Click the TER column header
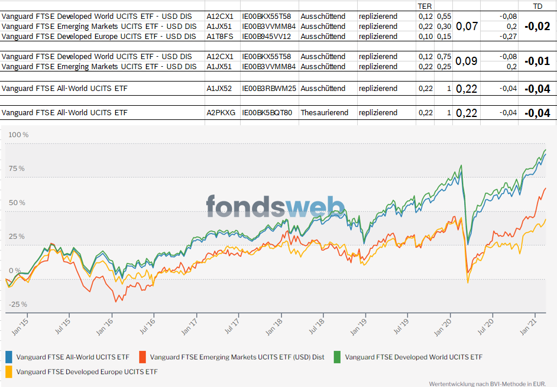click(425, 6)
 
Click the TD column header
click(537, 6)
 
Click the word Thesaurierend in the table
click(324, 112)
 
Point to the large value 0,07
click(467, 26)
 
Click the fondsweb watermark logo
click(275, 206)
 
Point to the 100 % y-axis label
click(17, 135)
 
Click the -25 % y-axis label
click(17, 304)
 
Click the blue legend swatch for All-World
click(9, 357)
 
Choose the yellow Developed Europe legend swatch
click(9, 372)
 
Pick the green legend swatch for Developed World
click(338, 357)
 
